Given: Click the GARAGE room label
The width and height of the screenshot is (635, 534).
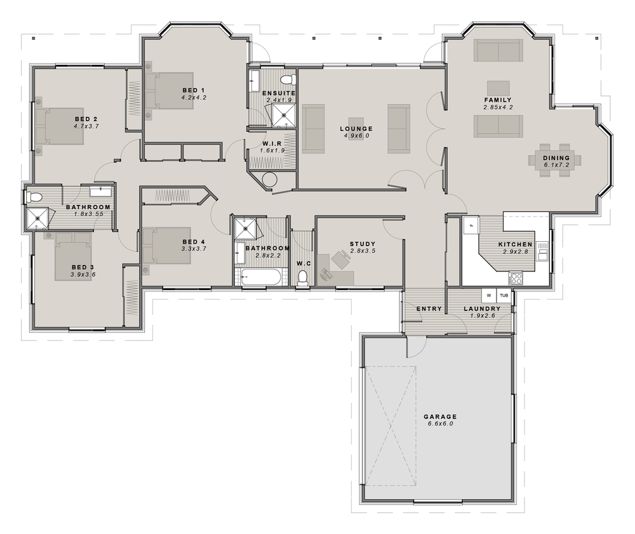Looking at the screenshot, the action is [x=440, y=417].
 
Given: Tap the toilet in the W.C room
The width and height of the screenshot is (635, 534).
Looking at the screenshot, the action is [x=302, y=277].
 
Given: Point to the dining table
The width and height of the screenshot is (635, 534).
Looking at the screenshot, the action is [x=555, y=160].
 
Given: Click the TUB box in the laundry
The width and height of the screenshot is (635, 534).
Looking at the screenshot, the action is [x=504, y=295].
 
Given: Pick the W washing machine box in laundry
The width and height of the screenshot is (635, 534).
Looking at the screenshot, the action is [x=489, y=295].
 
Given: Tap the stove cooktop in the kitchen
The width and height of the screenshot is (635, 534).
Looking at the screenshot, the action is [x=516, y=279].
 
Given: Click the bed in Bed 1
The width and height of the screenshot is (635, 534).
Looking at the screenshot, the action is [x=170, y=91].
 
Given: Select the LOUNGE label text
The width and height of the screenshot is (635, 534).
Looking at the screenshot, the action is [x=356, y=129].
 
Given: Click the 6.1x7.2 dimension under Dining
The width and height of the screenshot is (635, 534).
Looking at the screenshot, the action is [x=556, y=165].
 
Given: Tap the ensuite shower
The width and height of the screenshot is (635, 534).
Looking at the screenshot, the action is [x=283, y=115].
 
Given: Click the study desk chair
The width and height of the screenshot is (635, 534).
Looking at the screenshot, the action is [x=338, y=258].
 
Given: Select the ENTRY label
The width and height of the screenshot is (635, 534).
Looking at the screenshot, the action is [x=429, y=309].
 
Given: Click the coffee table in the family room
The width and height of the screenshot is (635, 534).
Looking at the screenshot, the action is [x=498, y=88].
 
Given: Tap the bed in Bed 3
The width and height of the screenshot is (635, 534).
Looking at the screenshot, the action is [x=73, y=257].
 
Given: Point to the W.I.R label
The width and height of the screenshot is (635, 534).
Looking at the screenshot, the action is [x=272, y=144].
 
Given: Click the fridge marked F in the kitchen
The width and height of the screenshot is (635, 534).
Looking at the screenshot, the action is [x=471, y=225].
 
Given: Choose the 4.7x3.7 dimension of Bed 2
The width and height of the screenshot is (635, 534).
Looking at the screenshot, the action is [x=86, y=126].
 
